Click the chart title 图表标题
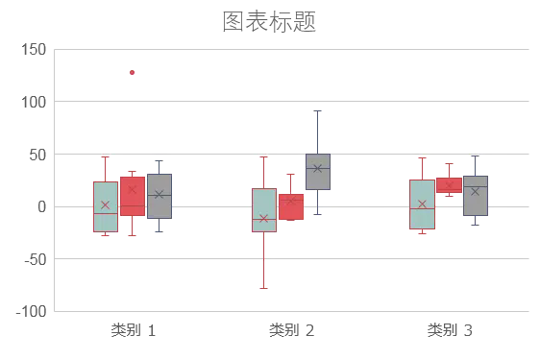pos(269,21)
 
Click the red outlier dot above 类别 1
pos(132,72)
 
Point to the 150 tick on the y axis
pos(34,50)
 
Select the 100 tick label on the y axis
pos(34,102)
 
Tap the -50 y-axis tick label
pos(36,259)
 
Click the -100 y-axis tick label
pos(32,312)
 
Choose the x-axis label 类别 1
pos(134,330)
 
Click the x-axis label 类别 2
pos(292,330)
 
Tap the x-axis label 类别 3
pos(450,330)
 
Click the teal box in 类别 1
pos(106,206)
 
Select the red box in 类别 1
pos(133,196)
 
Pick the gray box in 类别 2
pos(318,172)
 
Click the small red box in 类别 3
pos(449,185)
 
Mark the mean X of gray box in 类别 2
pos(317,168)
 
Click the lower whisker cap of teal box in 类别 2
pos(264,288)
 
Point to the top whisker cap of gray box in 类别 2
pos(317,110)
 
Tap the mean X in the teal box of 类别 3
pos(422,204)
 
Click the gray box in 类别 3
pos(476,196)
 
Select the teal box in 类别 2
pos(264,210)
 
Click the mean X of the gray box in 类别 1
pos(159,195)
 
